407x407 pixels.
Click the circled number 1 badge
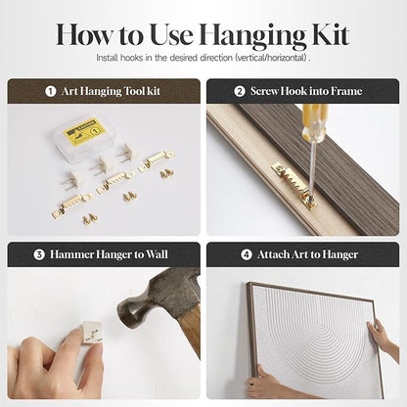[50, 91]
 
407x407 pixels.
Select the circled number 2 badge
[240, 91]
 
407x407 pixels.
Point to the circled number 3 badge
[39, 254]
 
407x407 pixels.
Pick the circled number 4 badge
[247, 254]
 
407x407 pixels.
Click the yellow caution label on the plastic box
[85, 131]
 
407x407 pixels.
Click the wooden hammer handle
[190, 330]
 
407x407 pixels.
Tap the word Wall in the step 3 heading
[157, 254]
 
